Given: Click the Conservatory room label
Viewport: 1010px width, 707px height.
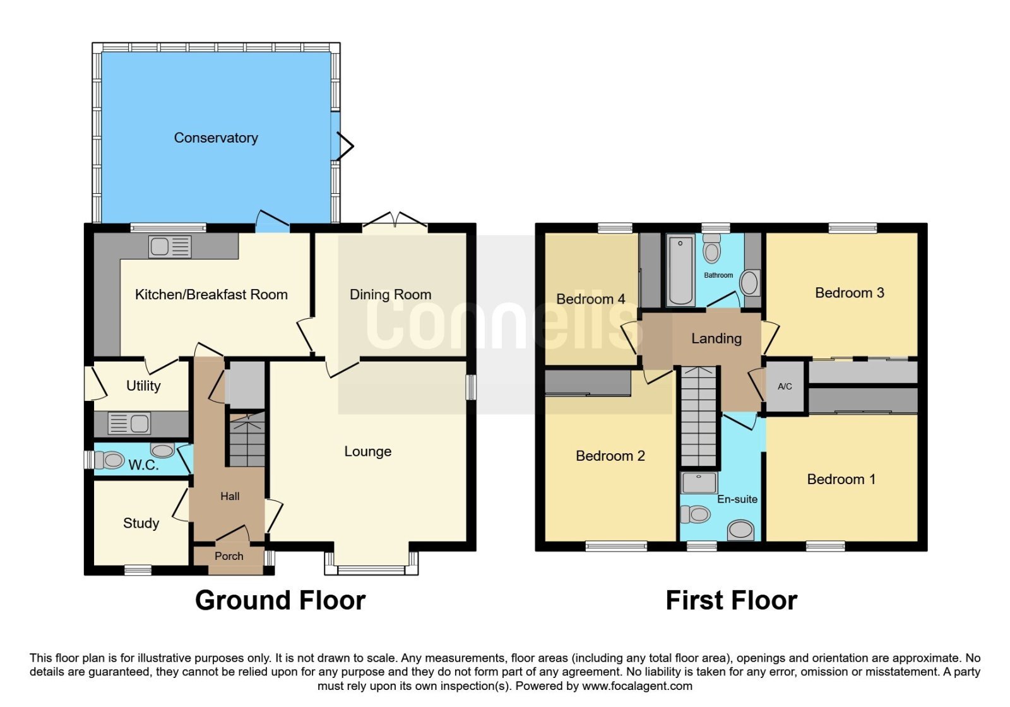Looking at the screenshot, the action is pyautogui.click(x=215, y=138).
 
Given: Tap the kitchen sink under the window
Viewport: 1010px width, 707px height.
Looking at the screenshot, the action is pyautogui.click(x=170, y=247).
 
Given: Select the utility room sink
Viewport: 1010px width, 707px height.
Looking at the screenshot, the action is pyautogui.click(x=129, y=424).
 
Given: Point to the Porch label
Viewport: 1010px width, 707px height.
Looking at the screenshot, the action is pyautogui.click(x=229, y=556).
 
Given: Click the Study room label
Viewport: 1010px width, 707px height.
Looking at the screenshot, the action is pyautogui.click(x=141, y=523).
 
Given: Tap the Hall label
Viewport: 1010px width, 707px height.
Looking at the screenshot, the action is pyautogui.click(x=230, y=496).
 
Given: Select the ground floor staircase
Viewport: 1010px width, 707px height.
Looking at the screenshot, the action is pyautogui.click(x=247, y=439).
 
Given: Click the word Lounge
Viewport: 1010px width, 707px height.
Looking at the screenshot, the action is pyautogui.click(x=368, y=451).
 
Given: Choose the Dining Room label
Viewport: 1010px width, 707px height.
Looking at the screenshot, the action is pyautogui.click(x=391, y=294).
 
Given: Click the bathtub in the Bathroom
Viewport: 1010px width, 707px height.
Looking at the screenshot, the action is pyautogui.click(x=680, y=270).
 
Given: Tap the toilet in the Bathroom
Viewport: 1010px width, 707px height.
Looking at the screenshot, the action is pyautogui.click(x=712, y=249).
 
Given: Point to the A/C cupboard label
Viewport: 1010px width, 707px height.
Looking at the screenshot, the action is pyautogui.click(x=785, y=386).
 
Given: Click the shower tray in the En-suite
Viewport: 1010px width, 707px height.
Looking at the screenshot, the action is pyautogui.click(x=698, y=483).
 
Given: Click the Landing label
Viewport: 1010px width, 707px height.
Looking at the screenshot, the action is pyautogui.click(x=716, y=338).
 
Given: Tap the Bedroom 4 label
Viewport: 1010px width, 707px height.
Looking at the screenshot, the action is pyautogui.click(x=591, y=299).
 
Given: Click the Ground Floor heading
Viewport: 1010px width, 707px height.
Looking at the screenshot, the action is pyautogui.click(x=280, y=600).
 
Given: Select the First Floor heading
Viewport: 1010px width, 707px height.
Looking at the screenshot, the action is pyautogui.click(x=732, y=600).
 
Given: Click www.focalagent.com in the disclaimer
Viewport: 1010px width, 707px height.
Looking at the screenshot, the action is pyautogui.click(x=637, y=686).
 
